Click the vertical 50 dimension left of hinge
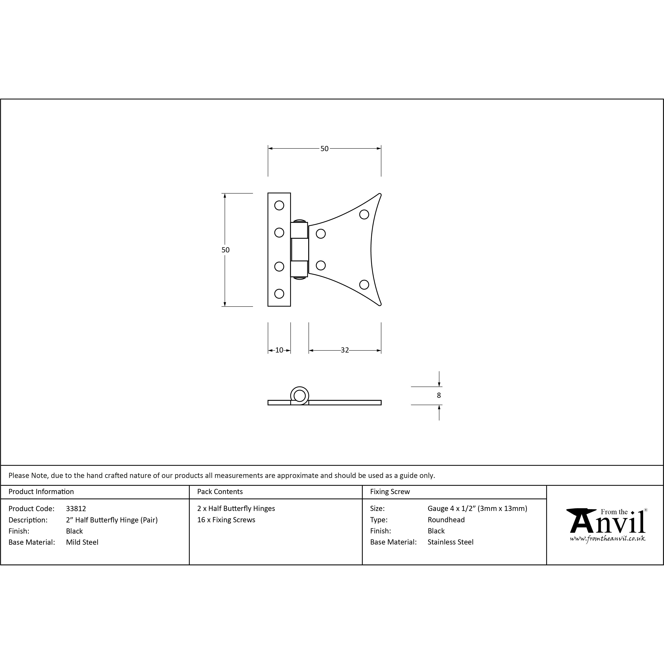[226, 250]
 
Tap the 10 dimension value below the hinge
[279, 350]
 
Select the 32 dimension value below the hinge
[345, 350]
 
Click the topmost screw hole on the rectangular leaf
[279, 206]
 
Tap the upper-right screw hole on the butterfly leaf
[364, 214]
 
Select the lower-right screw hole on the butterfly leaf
[364, 285]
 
